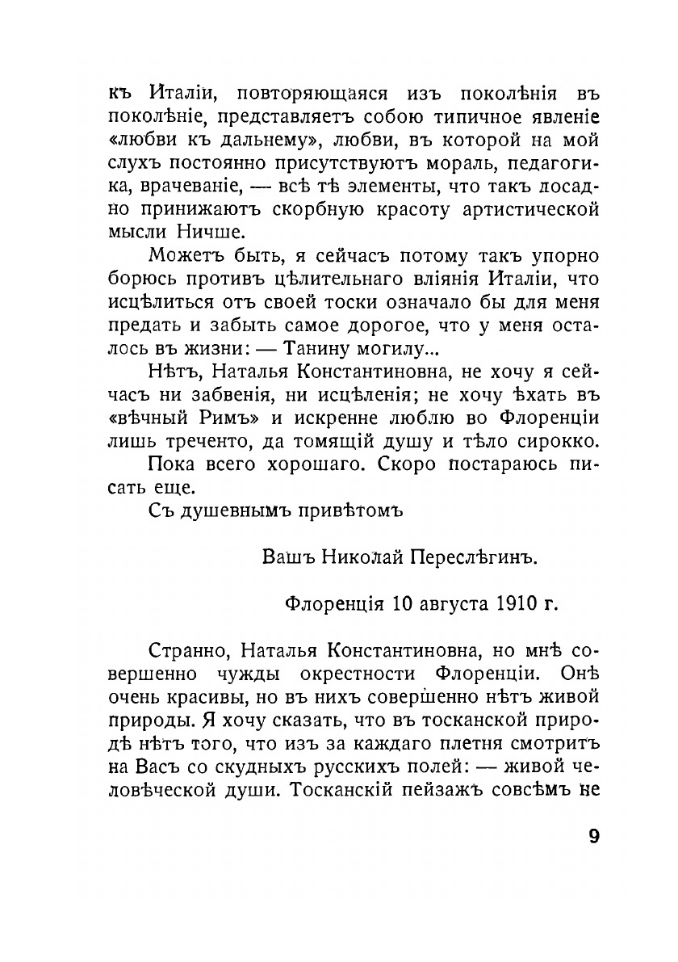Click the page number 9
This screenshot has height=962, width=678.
(x=594, y=836)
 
